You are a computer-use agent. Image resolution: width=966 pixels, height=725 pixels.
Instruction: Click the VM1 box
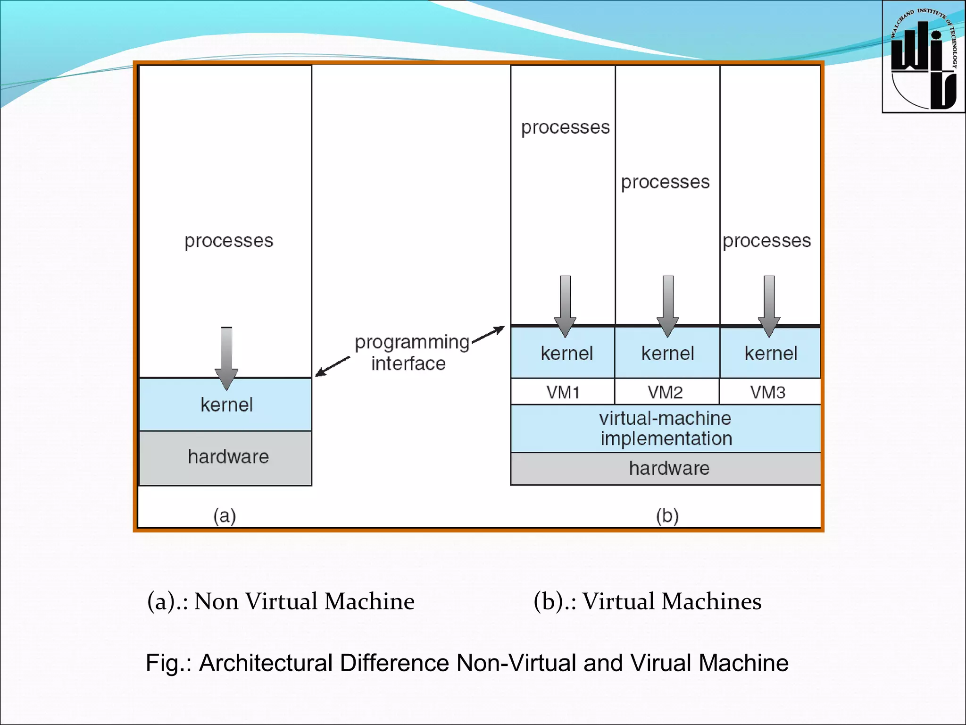click(x=563, y=392)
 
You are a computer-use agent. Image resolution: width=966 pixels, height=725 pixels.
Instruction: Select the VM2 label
click(x=665, y=392)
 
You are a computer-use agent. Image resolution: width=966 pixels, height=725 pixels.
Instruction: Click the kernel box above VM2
click(x=667, y=354)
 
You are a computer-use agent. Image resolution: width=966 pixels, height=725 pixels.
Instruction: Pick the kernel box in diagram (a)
click(x=226, y=405)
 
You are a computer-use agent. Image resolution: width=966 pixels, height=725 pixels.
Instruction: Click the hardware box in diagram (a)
click(x=228, y=457)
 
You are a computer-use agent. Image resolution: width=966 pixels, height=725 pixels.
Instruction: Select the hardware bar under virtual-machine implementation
click(x=668, y=468)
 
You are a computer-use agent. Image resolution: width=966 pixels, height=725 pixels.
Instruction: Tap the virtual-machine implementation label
click(x=666, y=428)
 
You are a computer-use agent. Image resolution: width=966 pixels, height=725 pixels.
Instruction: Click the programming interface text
click(x=410, y=353)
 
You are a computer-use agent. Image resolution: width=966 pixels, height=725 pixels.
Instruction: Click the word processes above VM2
click(x=665, y=182)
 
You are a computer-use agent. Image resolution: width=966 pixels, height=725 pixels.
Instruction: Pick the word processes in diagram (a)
click(x=229, y=241)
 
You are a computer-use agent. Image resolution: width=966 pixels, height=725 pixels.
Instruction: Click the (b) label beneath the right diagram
click(x=667, y=515)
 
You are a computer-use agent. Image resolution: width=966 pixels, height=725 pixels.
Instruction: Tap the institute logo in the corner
click(x=923, y=57)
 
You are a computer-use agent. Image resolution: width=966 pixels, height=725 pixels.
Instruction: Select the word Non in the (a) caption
click(x=216, y=601)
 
